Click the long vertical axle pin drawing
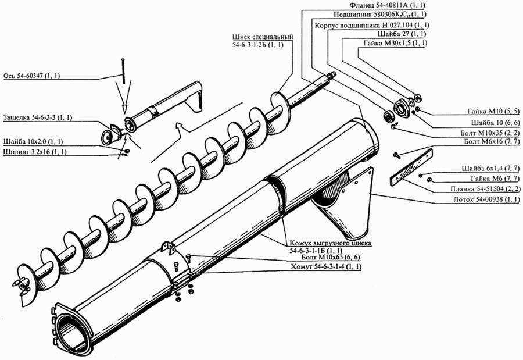coord(123,71)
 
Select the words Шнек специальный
coord(263,37)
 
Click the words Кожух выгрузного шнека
coord(330,243)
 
